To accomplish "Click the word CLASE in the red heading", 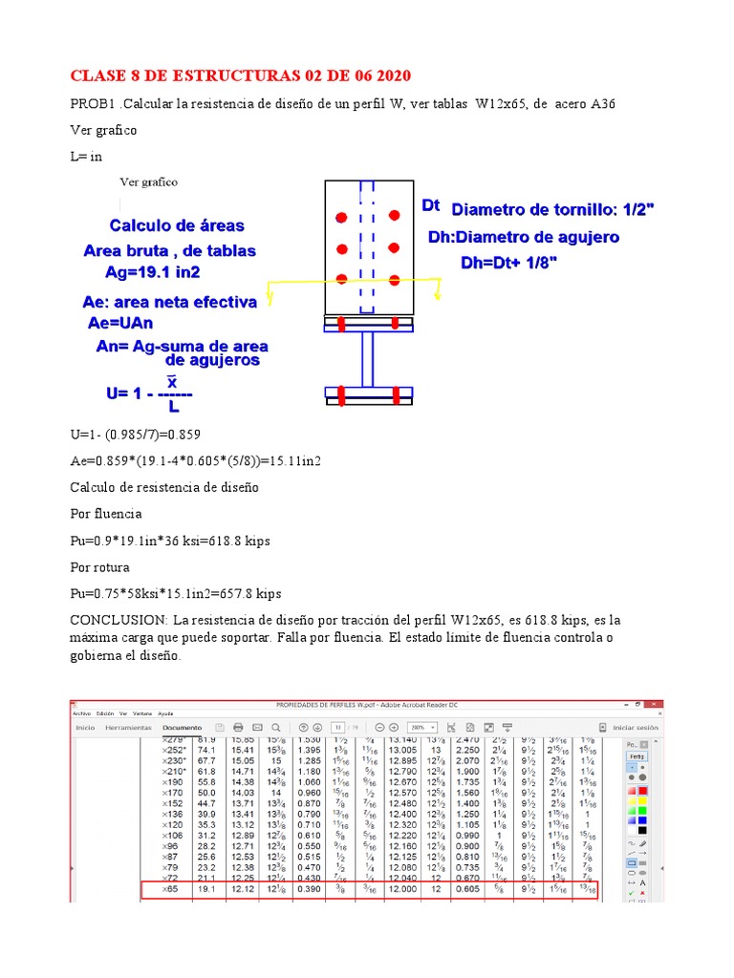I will tap(100, 75).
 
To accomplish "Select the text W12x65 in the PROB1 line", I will tap(500, 103).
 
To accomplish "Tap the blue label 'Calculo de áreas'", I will tap(177, 226).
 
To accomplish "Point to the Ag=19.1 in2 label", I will tap(153, 271).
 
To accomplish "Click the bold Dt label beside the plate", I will tap(431, 205).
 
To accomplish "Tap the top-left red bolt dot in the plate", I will tap(341, 219).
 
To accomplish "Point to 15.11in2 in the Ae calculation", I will tap(293, 460).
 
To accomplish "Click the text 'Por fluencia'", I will tap(103, 514).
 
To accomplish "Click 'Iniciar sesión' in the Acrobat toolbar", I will tap(635, 727).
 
